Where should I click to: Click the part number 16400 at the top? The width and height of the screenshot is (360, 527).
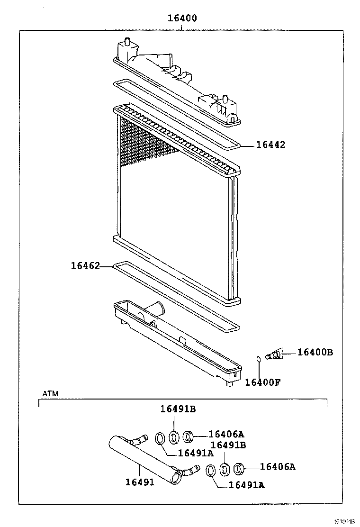point(182,18)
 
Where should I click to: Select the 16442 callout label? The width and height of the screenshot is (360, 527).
point(271,145)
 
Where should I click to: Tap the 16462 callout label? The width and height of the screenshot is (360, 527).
point(85,266)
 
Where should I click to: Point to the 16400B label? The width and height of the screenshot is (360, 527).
point(315,352)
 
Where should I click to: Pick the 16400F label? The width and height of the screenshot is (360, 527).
point(262,382)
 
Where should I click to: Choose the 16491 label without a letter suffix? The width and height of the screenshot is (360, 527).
point(140,482)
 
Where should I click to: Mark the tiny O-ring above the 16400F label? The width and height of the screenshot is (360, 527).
point(259,359)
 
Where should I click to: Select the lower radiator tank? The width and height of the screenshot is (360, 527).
point(175,344)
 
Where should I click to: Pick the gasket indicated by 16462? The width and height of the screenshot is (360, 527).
point(175,296)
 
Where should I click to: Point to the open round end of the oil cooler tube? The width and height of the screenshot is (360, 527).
point(177,478)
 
